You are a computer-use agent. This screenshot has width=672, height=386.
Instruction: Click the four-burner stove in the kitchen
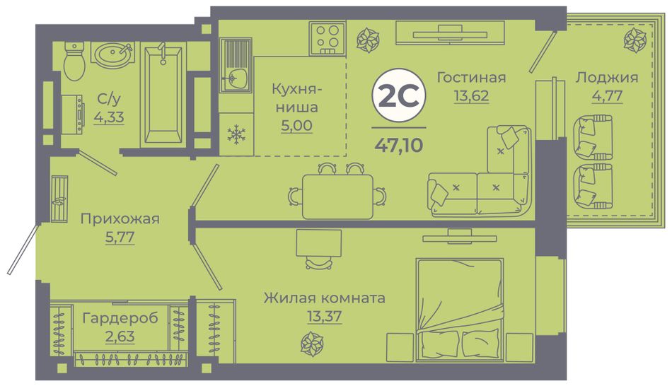pyautogui.click(x=328, y=39)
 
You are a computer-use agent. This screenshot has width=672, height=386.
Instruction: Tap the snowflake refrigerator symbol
pyautogui.click(x=236, y=134)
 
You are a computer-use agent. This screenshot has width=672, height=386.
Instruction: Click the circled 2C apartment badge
pyautogui.click(x=398, y=96)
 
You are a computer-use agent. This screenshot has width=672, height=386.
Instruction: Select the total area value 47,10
pyautogui.click(x=398, y=145)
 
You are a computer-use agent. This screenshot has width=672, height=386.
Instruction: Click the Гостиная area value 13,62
pyautogui.click(x=471, y=95)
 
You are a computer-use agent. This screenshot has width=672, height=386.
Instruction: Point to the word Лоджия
pyautogui.click(x=607, y=78)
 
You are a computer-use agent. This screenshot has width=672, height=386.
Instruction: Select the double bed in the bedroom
pyautogui.click(x=459, y=310)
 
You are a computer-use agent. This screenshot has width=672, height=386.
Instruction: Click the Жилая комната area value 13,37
pyautogui.click(x=325, y=317)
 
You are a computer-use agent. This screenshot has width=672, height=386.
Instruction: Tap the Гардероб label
pyautogui.click(x=120, y=318)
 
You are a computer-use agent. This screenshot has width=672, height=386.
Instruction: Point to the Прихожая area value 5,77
pyautogui.click(x=120, y=237)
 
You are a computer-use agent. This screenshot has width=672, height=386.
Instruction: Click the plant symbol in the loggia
pyautogui.click(x=635, y=41)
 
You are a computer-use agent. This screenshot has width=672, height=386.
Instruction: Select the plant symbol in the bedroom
pyautogui.click(x=311, y=344)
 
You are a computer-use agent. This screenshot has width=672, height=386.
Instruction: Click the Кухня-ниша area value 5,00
pyautogui.click(x=296, y=126)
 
